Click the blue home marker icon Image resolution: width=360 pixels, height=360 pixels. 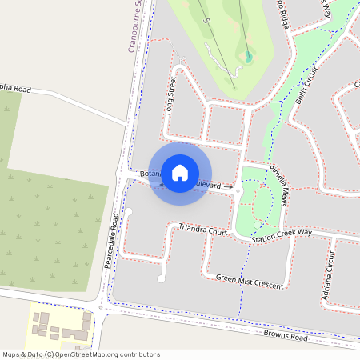pos(180,173)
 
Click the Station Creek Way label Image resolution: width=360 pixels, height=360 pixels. pos(281,236)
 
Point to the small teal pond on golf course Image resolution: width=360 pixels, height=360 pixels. pos(248,56)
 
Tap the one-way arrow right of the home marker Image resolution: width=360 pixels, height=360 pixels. pos(229,186)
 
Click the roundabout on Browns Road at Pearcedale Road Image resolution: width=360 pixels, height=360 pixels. pos(101,307)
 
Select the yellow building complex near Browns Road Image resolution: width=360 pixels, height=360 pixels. pos(61,325)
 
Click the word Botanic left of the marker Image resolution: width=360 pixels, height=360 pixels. pos(150,174)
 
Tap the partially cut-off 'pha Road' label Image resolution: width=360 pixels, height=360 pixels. pos(15,90)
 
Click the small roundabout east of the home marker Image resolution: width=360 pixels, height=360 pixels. pos(238,193)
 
